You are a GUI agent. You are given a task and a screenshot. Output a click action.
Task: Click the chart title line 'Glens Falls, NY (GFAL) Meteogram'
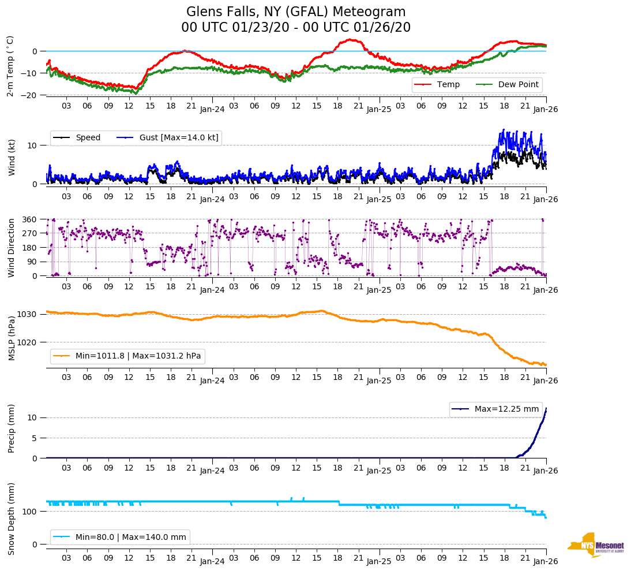coord(296,12)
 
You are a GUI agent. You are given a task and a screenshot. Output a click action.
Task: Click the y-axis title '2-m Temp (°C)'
coord(10,65)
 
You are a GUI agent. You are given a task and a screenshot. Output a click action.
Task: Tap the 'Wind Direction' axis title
coord(12,248)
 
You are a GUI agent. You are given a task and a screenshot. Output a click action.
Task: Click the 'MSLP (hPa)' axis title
coord(12,338)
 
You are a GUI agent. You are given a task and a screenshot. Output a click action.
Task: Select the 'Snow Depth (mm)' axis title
coord(12,519)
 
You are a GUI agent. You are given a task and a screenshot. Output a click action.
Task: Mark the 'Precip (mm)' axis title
coord(12,429)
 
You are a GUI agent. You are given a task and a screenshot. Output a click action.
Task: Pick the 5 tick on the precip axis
coord(35,438)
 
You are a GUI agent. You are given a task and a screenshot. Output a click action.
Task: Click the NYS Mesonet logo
coord(595,545)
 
